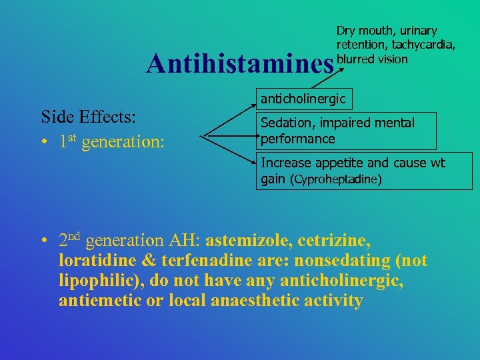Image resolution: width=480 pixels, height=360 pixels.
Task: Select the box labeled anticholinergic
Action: pos(303,99)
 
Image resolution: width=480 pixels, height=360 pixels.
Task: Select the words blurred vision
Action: pos(372,59)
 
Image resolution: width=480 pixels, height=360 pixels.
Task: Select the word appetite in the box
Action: pos(337,163)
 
